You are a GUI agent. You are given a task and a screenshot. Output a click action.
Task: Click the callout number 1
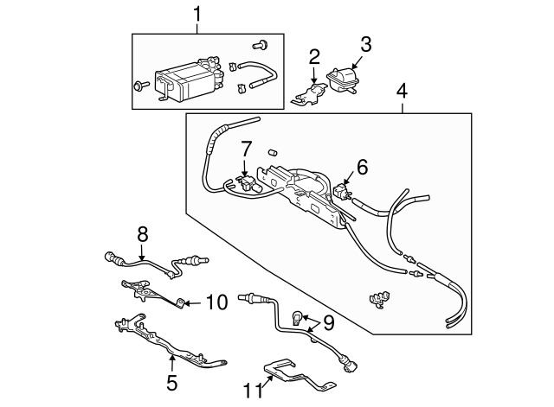click(x=196, y=14)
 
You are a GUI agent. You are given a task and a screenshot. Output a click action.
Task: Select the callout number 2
click(x=314, y=57)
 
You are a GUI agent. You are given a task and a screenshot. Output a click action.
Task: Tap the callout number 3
click(x=365, y=43)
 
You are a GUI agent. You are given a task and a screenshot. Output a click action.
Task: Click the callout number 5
click(x=171, y=379)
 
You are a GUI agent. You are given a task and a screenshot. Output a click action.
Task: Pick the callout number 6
click(x=362, y=167)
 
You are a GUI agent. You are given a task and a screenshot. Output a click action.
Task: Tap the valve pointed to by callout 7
click(x=245, y=182)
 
